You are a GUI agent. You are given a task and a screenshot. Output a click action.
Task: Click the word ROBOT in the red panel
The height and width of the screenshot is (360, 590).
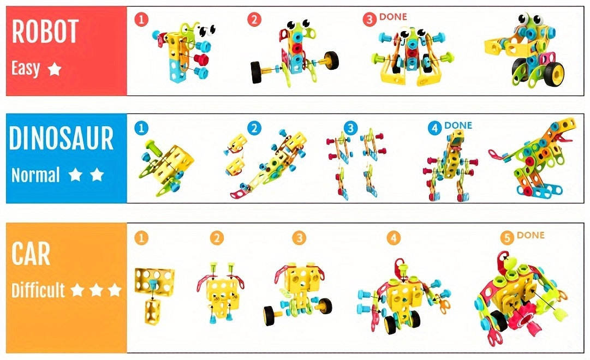coord(45,32)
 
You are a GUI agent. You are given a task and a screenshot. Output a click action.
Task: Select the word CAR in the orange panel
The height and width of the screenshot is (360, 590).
coord(31,254)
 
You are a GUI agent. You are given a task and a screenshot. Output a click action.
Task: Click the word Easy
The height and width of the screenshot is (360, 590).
coord(26,69)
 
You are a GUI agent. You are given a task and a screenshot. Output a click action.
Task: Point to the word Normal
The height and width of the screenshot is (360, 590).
coord(35,175)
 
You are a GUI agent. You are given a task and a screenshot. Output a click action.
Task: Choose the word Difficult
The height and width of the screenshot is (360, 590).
coord(38,290)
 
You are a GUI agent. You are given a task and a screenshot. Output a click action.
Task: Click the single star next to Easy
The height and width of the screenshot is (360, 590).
coord(54,69)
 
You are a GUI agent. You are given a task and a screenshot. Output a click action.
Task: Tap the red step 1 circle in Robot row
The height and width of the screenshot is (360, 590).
coord(141,20)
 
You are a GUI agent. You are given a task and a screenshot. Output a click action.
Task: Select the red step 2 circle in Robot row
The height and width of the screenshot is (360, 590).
coord(254,20)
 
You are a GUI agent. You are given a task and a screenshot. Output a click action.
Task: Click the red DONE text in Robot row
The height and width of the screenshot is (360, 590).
coord(393,17)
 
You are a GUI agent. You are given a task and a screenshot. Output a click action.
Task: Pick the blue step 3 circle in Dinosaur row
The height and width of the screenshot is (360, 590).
coord(350,128)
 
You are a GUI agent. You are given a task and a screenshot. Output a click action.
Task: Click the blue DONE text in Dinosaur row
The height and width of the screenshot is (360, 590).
coord(458,125)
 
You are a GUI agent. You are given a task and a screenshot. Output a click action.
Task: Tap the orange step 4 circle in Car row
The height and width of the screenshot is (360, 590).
coord(394,238)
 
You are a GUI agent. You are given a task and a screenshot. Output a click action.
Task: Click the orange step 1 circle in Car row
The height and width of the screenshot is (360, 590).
coord(141,238)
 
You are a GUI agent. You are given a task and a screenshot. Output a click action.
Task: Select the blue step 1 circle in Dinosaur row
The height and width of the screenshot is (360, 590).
coord(141,128)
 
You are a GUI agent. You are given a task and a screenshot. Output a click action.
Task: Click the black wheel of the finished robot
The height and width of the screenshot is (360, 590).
coord(555,71)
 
